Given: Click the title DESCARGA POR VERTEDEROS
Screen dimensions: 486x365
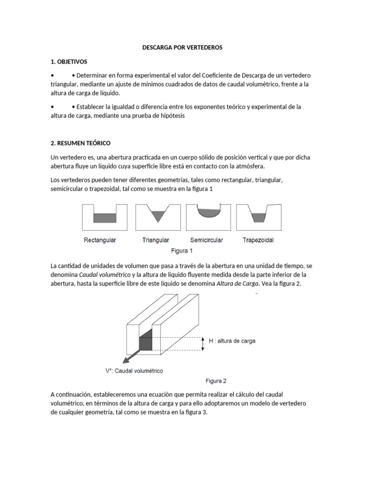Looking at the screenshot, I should (182, 48).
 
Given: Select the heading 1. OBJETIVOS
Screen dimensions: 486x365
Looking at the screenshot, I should (68, 62).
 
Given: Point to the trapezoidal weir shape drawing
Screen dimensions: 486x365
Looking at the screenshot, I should (258, 217).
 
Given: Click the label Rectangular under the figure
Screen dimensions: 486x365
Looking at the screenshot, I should (100, 240).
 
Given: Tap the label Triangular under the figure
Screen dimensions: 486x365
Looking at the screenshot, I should (156, 240).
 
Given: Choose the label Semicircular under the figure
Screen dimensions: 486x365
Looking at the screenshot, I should (206, 240).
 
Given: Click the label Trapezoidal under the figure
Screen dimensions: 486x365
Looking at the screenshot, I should (258, 240).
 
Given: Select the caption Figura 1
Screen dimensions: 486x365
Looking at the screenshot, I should (182, 251).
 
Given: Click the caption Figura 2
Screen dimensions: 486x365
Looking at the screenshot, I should (216, 381).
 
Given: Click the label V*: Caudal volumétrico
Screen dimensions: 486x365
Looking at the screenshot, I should (134, 371).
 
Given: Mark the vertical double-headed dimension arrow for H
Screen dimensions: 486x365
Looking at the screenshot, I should (203, 344).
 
